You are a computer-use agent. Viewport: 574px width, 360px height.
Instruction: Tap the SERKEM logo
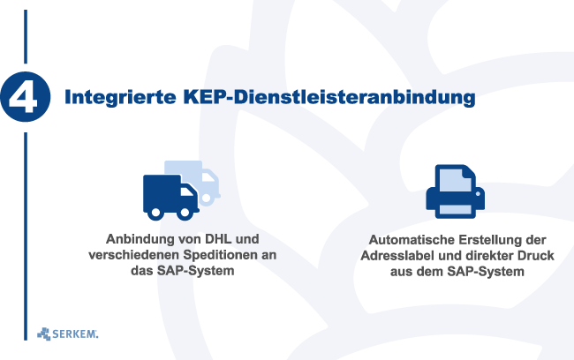(68, 334)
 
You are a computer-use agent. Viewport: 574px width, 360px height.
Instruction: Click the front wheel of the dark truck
(185, 212)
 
